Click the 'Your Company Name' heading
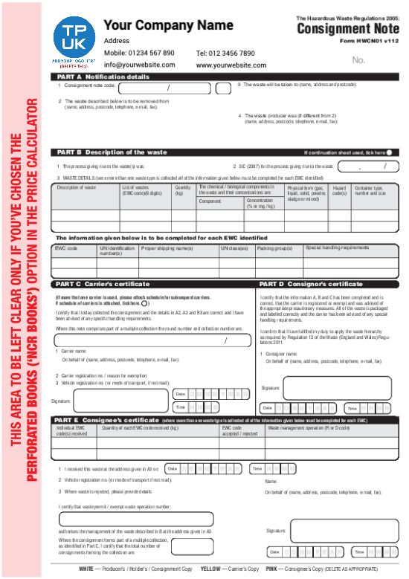pyautogui.click(x=168, y=26)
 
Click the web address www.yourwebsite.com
pyautogui.click(x=231, y=65)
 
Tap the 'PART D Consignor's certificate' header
pyautogui.click(x=310, y=284)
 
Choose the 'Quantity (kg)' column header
pyautogui.click(x=182, y=191)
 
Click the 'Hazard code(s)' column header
pyautogui.click(x=340, y=191)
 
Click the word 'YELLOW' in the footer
pyautogui.click(x=213, y=569)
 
